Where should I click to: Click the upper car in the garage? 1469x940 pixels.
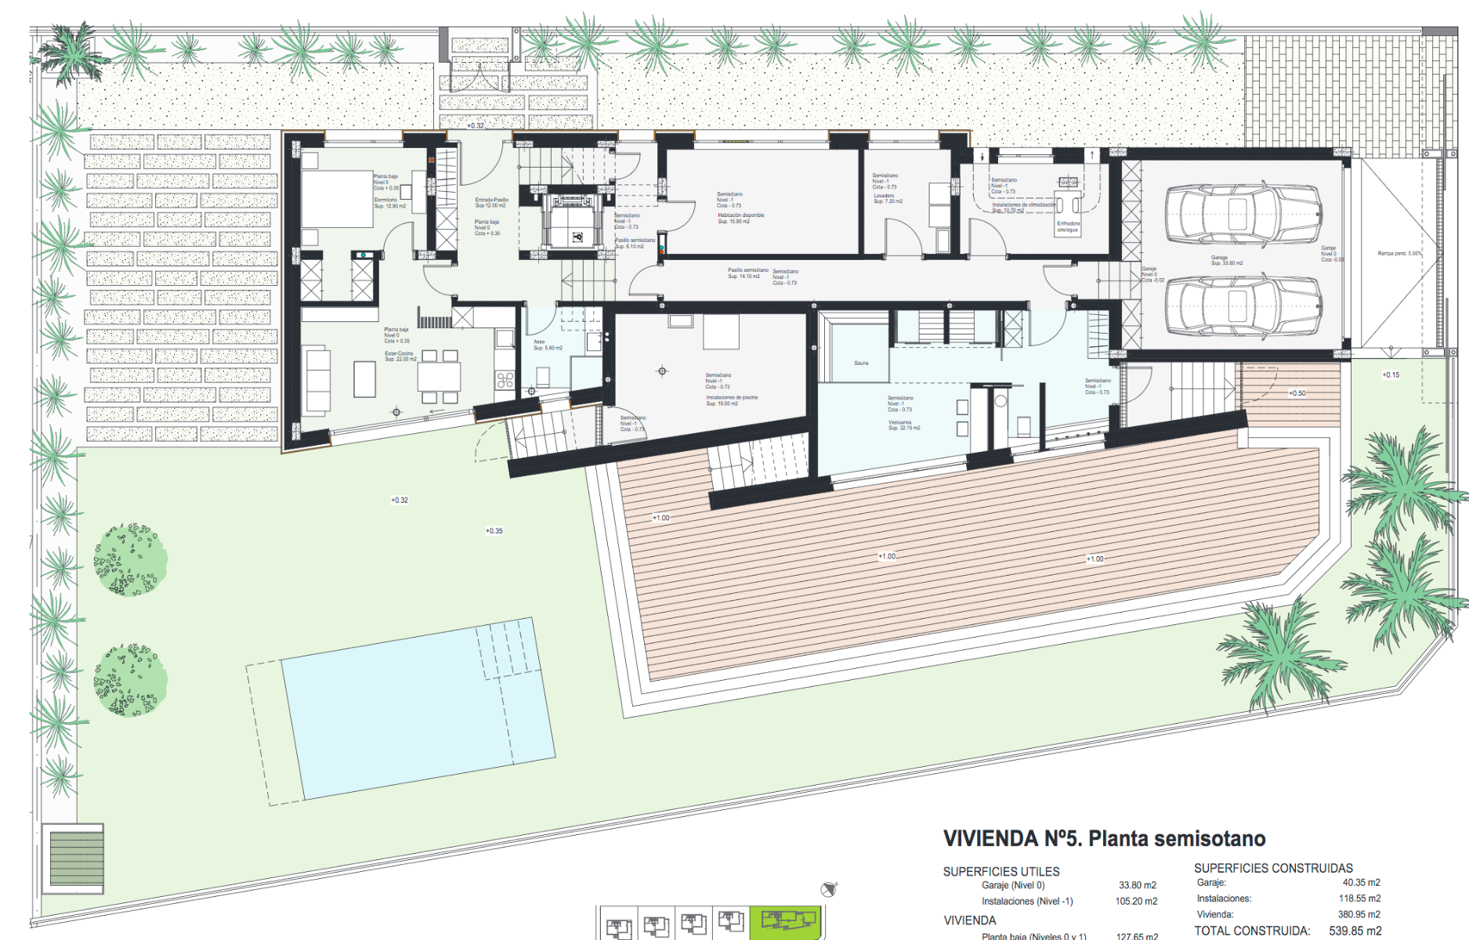[1243, 215]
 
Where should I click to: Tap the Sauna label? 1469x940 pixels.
[861, 363]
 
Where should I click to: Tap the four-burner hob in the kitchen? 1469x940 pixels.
[505, 381]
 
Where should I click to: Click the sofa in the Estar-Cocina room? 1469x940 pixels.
[317, 381]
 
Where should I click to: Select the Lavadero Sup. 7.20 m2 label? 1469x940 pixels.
[887, 198]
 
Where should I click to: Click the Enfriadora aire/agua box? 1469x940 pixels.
[1068, 226]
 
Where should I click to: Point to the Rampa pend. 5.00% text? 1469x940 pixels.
[1399, 253]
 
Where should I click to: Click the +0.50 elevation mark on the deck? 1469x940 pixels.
[1297, 393]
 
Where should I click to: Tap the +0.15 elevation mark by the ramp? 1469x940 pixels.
[1390, 375]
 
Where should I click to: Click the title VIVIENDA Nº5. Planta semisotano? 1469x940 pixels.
[1104, 839]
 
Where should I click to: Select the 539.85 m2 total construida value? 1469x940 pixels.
[1355, 931]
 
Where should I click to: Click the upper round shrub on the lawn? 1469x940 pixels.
[130, 560]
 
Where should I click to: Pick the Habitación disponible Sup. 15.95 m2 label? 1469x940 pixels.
[740, 218]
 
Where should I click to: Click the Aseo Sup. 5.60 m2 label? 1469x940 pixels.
[547, 345]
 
